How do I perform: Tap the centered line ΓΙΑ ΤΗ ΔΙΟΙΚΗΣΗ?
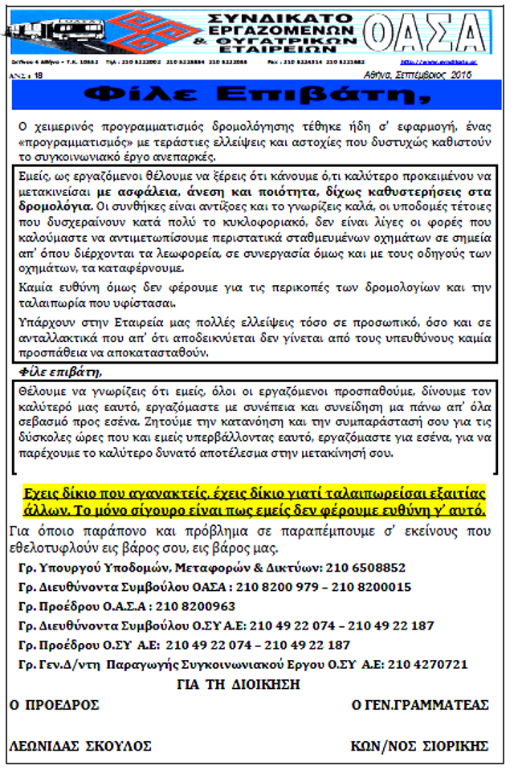(x=238, y=685)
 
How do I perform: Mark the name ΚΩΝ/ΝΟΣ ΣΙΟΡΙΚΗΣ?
(x=419, y=746)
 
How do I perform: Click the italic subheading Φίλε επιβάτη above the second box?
(x=60, y=373)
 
